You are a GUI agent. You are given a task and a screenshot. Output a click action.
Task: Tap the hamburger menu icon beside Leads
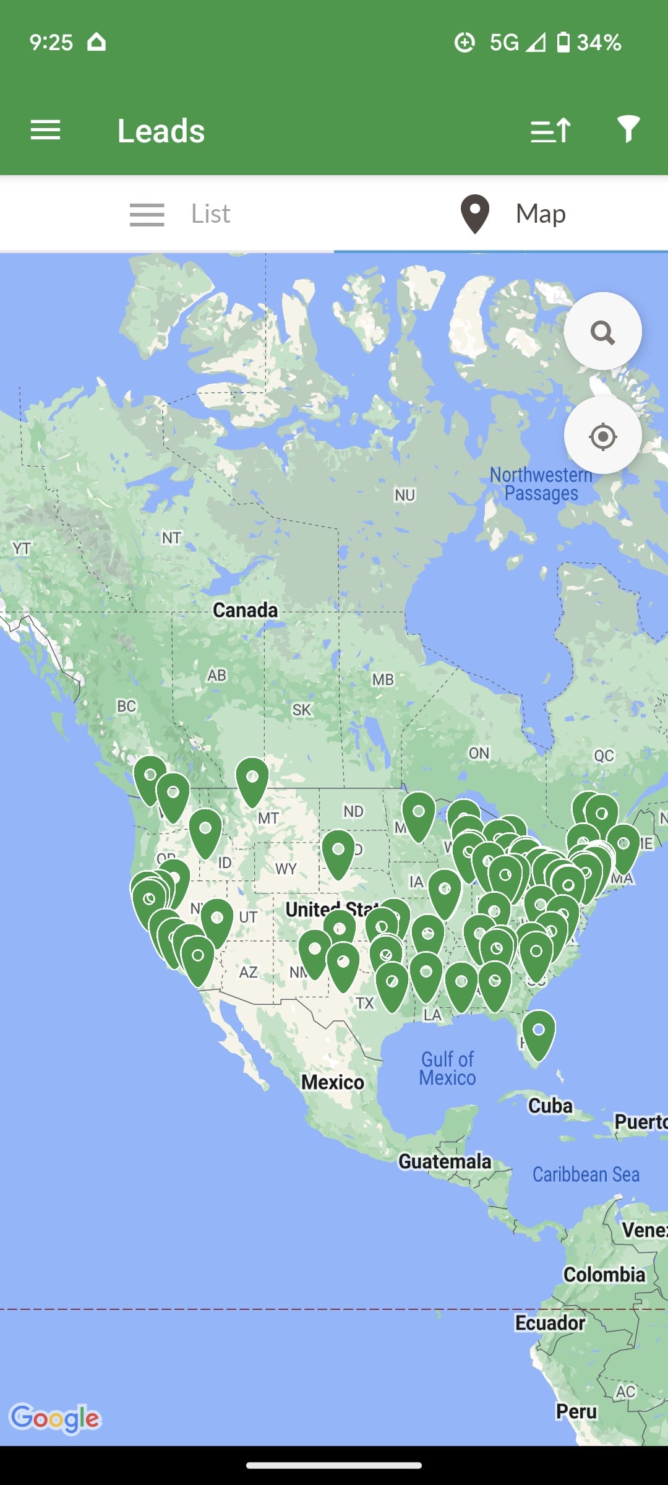45,131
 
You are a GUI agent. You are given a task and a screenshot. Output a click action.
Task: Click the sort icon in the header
550,131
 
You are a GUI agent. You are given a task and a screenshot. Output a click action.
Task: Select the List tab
179,214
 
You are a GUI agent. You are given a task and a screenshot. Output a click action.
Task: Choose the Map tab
513,214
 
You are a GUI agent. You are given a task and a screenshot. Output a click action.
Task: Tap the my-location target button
602,436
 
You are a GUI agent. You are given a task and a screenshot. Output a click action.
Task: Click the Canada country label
245,610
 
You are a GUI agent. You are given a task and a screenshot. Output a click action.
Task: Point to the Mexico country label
332,1082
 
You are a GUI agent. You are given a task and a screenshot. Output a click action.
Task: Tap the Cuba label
550,1106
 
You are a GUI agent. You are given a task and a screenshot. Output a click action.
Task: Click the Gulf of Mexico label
447,1069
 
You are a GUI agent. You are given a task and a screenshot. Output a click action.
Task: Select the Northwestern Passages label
541,484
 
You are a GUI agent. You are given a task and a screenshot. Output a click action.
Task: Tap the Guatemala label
445,1161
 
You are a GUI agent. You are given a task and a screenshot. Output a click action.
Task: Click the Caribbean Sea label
586,1174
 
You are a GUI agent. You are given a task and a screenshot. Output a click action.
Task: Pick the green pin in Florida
538,1032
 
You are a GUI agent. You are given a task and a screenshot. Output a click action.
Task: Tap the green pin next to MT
252,780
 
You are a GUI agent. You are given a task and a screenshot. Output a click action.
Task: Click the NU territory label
405,495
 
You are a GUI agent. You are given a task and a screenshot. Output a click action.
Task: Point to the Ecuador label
550,1323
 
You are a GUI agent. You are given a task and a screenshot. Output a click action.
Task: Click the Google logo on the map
55,1418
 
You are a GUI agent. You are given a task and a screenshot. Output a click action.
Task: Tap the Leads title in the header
161,131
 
